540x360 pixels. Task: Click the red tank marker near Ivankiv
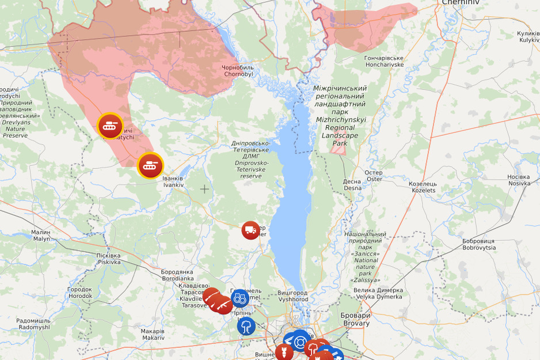pyautogui.click(x=150, y=166)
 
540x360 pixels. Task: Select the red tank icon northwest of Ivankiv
pyautogui.click(x=109, y=126)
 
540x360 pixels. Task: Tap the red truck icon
pyautogui.click(x=250, y=230)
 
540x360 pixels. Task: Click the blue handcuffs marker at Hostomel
pyautogui.click(x=240, y=298)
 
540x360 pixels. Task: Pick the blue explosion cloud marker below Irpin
pyautogui.click(x=246, y=326)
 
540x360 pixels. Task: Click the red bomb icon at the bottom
pyautogui.click(x=284, y=351)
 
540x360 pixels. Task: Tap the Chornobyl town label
pyautogui.click(x=238, y=71)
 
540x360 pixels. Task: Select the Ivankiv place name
pyautogui.click(x=173, y=181)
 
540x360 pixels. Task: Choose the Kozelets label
pyautogui.click(x=423, y=187)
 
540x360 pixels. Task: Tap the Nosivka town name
pyautogui.click(x=519, y=180)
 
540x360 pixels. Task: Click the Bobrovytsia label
pyautogui.click(x=478, y=244)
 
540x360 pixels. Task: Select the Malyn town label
pyautogui.click(x=41, y=235)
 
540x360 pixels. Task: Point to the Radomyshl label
pyautogui.click(x=33, y=324)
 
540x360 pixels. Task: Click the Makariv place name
pyautogui.click(x=153, y=334)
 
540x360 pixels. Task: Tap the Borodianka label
pyautogui.click(x=177, y=275)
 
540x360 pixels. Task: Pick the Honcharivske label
pyautogui.click(x=384, y=61)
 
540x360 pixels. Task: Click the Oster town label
pyautogui.click(x=374, y=176)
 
